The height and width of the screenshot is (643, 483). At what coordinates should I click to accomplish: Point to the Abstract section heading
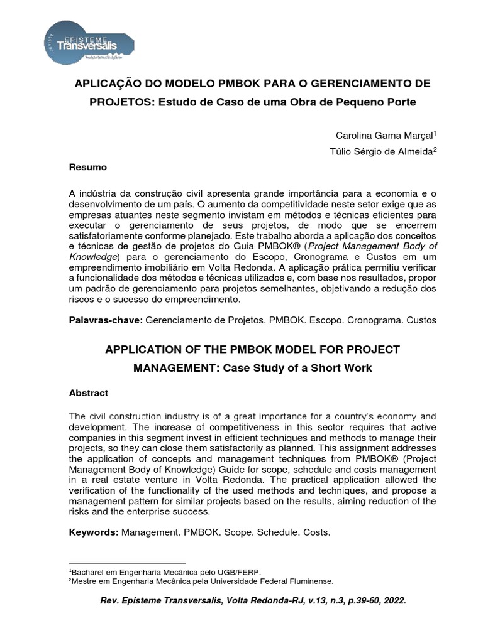(88, 393)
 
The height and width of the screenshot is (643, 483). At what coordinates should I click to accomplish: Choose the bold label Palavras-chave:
(106, 320)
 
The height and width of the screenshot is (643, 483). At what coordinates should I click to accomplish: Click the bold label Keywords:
(93, 532)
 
